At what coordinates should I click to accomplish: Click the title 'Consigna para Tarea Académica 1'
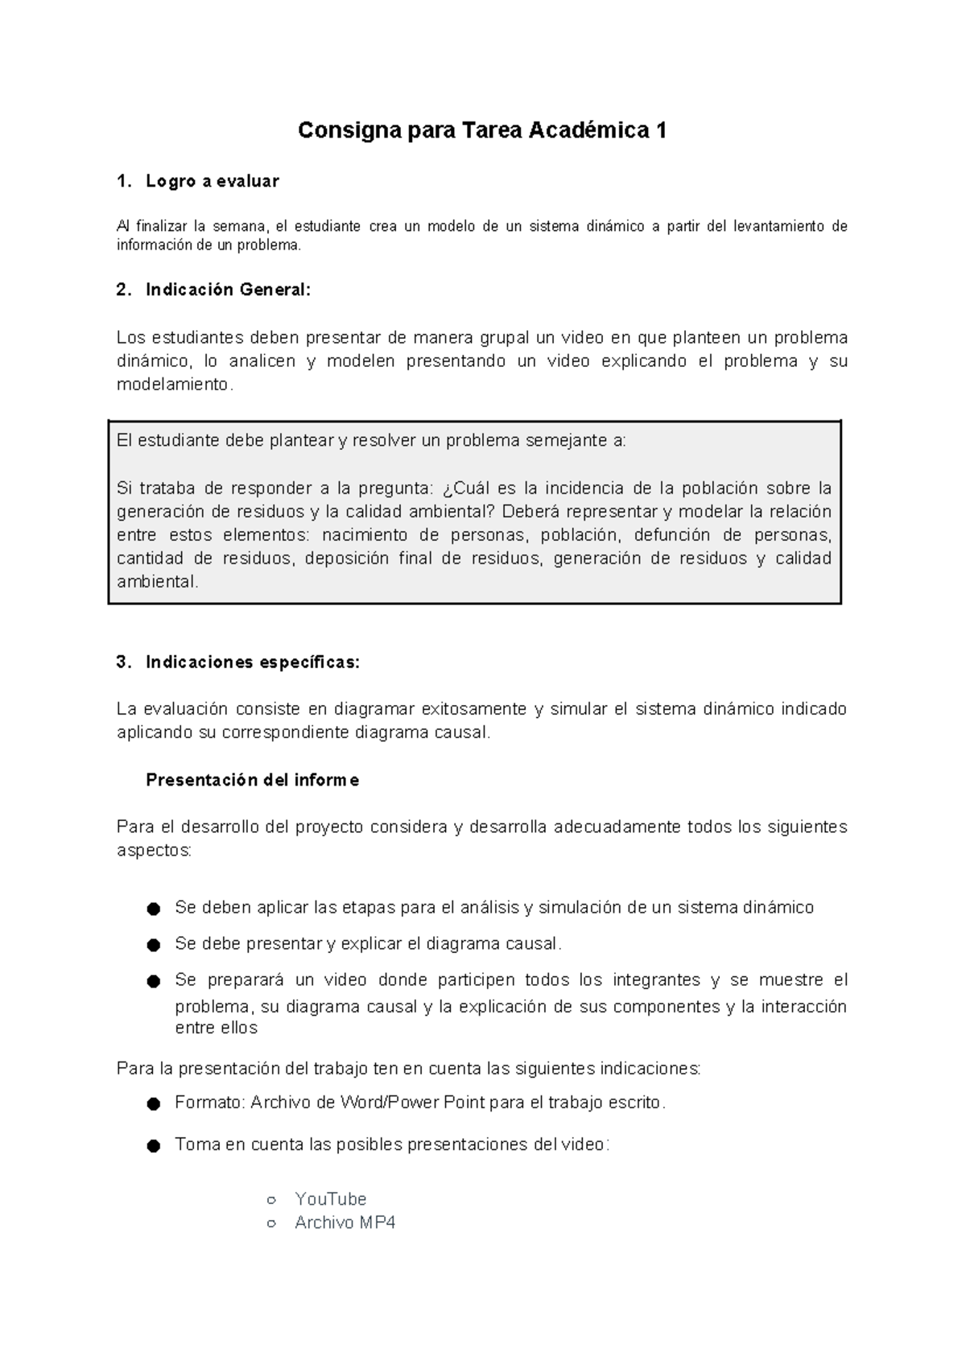[482, 130]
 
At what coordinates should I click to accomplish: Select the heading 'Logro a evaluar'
[212, 182]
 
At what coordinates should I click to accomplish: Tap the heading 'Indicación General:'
[228, 290]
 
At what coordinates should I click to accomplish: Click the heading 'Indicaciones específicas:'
[253, 662]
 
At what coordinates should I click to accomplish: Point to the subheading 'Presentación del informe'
[252, 780]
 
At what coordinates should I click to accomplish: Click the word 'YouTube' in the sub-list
[330, 1199]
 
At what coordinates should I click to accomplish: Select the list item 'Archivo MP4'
[345, 1223]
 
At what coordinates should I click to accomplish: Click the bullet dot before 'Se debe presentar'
[153, 946]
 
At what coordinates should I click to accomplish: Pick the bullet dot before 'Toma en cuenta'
[153, 1146]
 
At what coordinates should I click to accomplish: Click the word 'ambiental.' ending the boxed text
[157, 582]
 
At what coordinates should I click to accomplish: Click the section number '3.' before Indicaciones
[123, 662]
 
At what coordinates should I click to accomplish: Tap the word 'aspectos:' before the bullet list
[154, 851]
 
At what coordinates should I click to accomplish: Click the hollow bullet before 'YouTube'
[271, 1200]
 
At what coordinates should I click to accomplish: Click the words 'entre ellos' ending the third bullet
[216, 1028]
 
